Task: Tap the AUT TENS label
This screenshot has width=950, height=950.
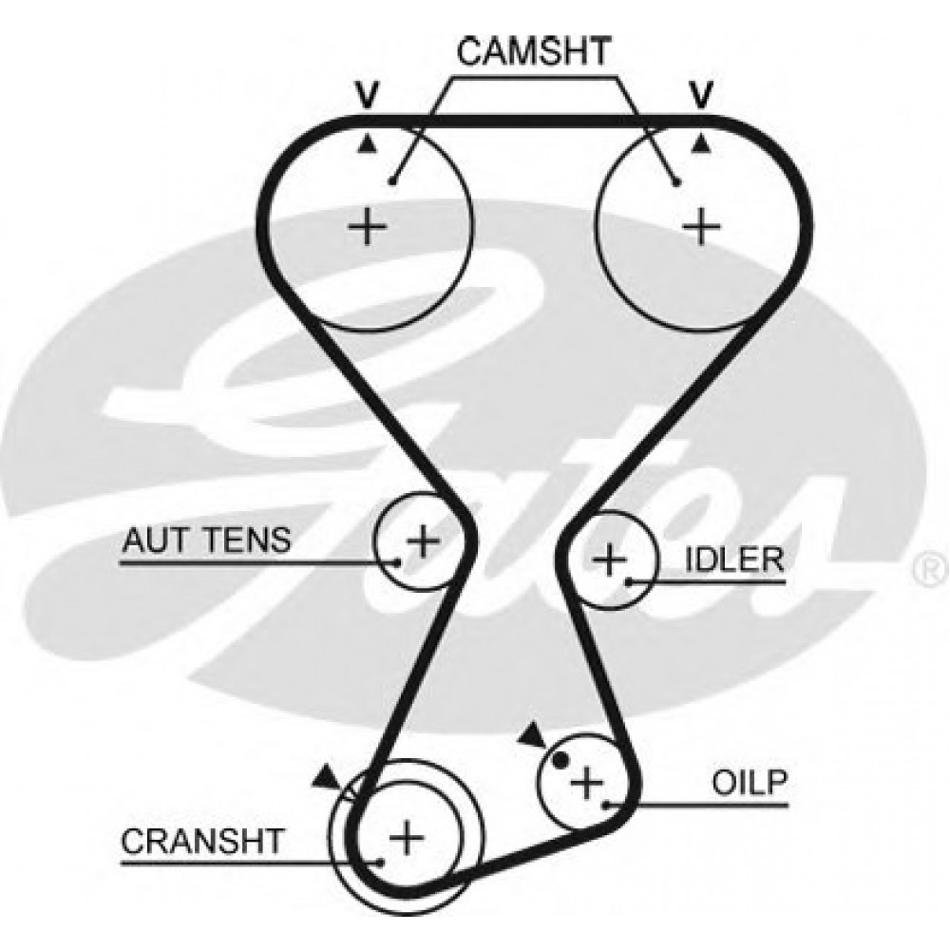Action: pyautogui.click(x=205, y=541)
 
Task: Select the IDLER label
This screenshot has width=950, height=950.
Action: pyautogui.click(x=734, y=558)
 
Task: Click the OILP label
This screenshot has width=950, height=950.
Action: pyautogui.click(x=750, y=783)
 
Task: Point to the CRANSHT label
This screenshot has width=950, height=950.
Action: pyautogui.click(x=201, y=841)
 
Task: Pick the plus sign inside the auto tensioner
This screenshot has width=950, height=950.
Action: pyautogui.click(x=423, y=541)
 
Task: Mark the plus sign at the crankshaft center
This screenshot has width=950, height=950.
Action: pyautogui.click(x=407, y=838)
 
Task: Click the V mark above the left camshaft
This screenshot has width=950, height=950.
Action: pyautogui.click(x=367, y=94)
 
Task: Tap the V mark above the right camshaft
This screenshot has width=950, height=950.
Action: pyautogui.click(x=701, y=94)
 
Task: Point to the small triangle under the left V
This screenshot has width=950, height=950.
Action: pyautogui.click(x=368, y=142)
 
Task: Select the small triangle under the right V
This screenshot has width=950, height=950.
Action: pyautogui.click(x=701, y=142)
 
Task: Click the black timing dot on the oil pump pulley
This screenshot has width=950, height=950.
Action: pyautogui.click(x=560, y=759)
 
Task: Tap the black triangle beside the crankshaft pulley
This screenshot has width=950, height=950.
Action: pyautogui.click(x=328, y=776)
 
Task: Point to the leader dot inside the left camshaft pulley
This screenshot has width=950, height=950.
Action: pyautogui.click(x=392, y=181)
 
